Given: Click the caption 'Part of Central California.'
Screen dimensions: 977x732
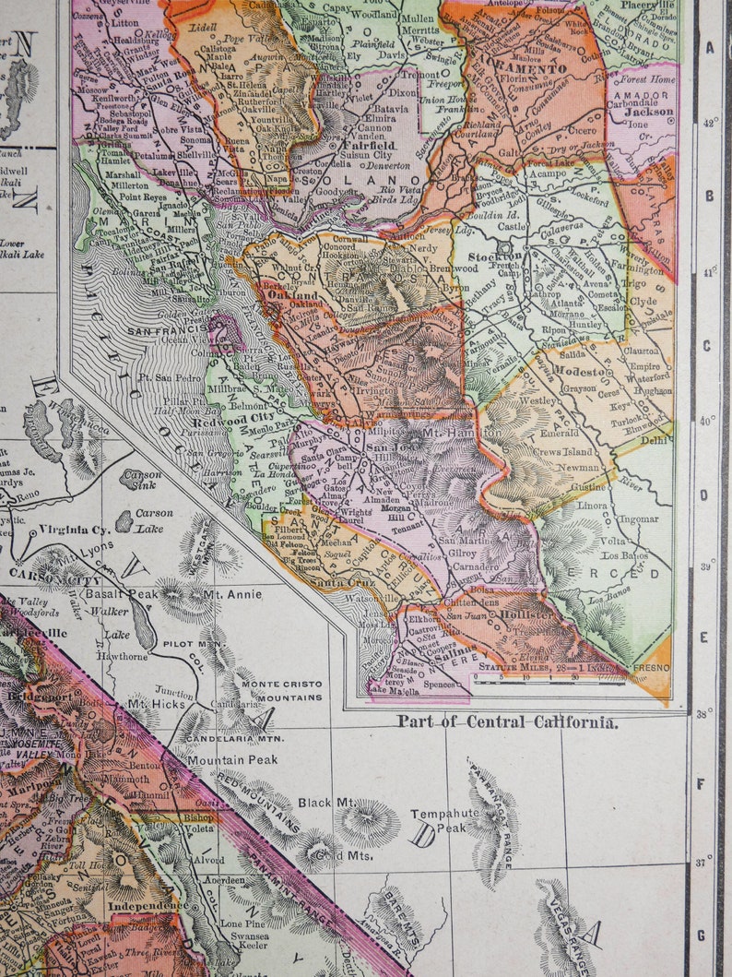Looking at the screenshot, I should pos(508,721).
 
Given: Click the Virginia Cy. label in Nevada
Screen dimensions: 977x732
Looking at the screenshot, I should pos(76,530).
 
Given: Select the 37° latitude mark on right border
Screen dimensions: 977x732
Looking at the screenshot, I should pos(705,864).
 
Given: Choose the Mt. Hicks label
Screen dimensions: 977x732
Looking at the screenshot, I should pos(151,702).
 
